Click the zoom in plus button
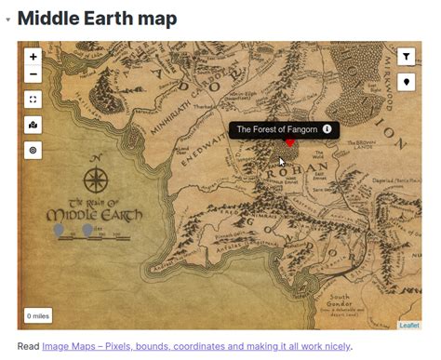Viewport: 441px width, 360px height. [33, 57]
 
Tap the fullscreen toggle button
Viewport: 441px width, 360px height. [33, 100]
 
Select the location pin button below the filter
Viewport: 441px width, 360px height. [407, 82]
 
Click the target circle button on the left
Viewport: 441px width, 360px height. [33, 149]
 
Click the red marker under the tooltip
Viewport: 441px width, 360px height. [289, 142]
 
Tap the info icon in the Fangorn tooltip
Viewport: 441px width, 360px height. [327, 129]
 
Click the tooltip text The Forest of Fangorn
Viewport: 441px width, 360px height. [276, 129]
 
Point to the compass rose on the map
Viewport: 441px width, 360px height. [96, 178]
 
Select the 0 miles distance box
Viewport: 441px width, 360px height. [38, 316]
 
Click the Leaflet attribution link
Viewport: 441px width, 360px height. [409, 325]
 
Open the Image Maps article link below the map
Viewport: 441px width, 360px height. [196, 346]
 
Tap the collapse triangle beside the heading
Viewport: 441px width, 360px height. [8, 19]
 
